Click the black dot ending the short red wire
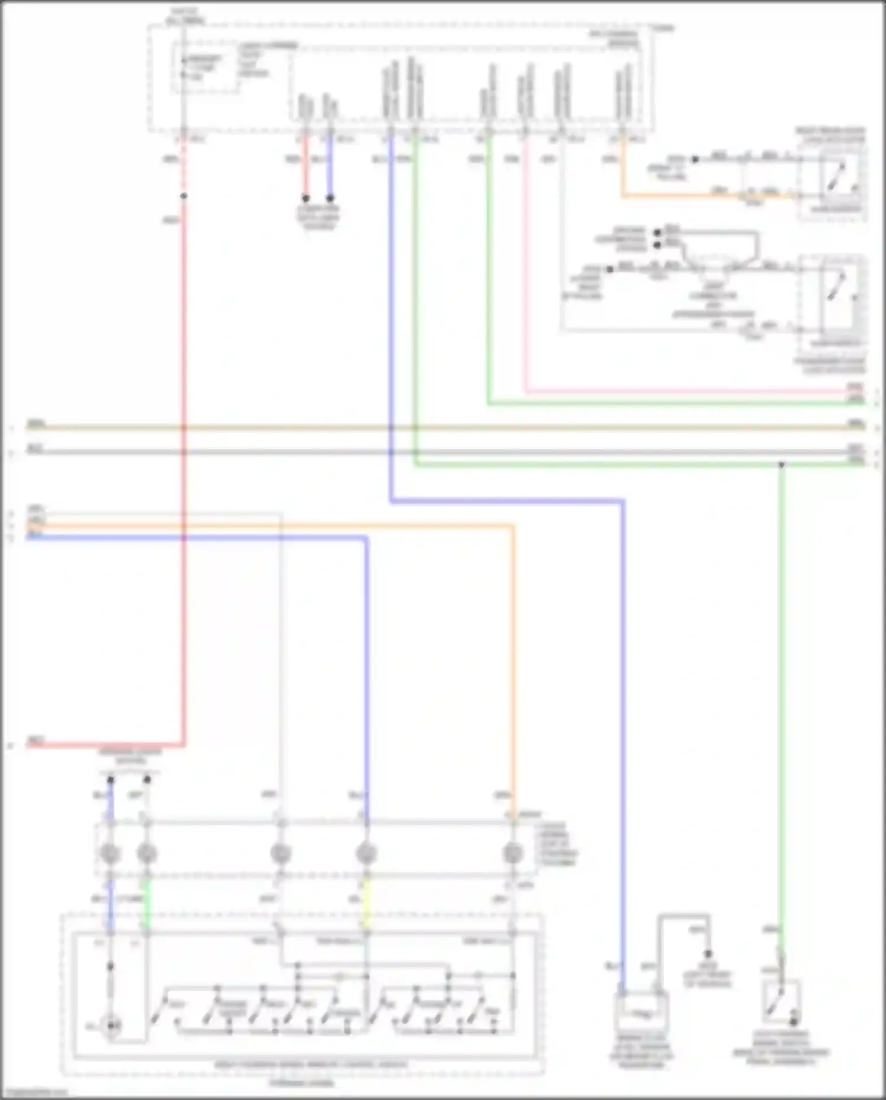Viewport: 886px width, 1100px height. click(305, 199)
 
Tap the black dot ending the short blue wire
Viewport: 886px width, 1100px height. click(330, 199)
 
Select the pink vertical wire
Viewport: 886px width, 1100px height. click(526, 266)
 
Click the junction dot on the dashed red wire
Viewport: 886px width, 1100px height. click(184, 196)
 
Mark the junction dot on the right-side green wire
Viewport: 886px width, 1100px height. click(781, 465)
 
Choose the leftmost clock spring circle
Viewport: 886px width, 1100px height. click(110, 854)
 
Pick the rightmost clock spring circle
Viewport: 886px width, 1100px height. click(512, 854)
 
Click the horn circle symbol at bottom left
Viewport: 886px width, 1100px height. click(110, 1027)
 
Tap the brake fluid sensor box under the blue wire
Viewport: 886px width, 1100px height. click(642, 1013)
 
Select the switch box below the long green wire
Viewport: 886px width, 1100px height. click(781, 1002)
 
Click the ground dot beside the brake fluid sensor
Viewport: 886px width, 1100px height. click(708, 954)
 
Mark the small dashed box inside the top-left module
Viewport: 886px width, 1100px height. click(205, 68)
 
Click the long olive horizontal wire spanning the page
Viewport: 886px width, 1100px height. click(443, 427)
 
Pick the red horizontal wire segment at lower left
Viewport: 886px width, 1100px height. click(106, 745)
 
